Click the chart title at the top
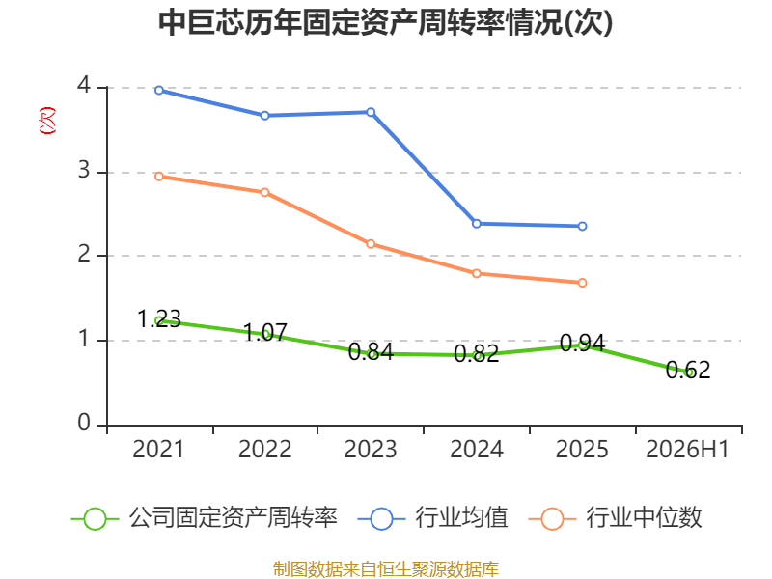coord(385,22)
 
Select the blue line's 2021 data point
coord(159,90)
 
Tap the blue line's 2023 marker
coord(371,112)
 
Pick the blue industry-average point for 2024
coord(477,224)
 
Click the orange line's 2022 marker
coord(264,192)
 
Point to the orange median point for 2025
coord(582,283)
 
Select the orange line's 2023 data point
coord(371,244)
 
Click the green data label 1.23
coord(159,319)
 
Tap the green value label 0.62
coord(688,371)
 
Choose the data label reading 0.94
coord(582,344)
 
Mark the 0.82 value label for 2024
coord(477,353)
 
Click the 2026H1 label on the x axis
coord(687,449)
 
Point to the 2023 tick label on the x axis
coord(371,449)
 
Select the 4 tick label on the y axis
coord(84,85)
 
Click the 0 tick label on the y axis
coord(84,423)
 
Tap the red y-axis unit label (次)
coord(47,120)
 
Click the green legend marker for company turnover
coord(95,519)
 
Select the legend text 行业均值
coord(461,518)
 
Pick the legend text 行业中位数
coord(644,518)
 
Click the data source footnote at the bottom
coord(386,569)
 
